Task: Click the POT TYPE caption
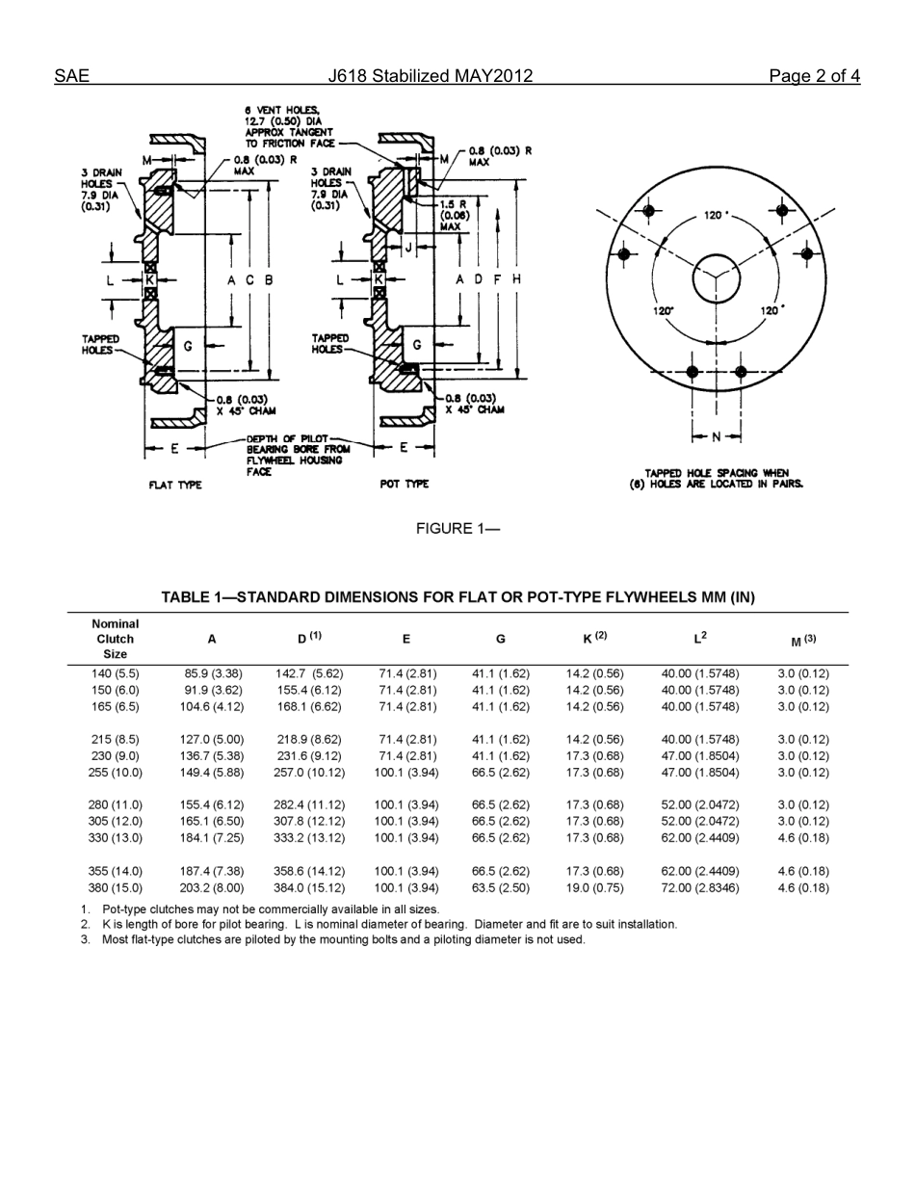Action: (x=405, y=484)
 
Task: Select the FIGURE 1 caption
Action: (x=457, y=528)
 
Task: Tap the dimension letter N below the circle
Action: (x=716, y=437)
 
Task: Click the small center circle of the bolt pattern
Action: (x=716, y=277)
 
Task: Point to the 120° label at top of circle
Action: (x=717, y=215)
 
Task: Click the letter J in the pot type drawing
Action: (x=408, y=247)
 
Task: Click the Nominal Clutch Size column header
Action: (x=116, y=639)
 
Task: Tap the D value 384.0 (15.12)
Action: (x=309, y=887)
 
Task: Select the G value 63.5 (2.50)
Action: (x=500, y=887)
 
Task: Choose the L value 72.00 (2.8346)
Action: (x=700, y=887)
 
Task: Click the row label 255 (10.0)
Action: (x=116, y=773)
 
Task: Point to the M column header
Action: (x=802, y=640)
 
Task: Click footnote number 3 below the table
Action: (x=85, y=938)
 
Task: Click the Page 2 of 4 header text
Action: (x=814, y=76)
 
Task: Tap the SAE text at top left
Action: (x=71, y=76)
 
